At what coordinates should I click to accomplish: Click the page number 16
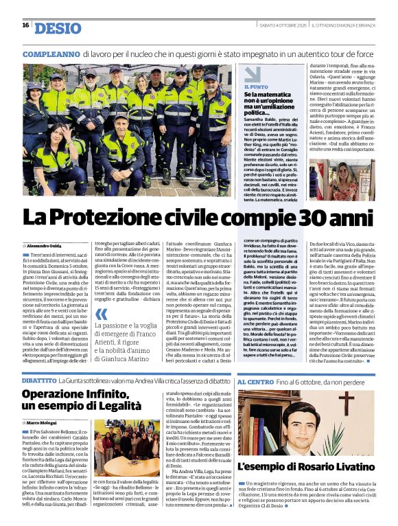tap(25, 25)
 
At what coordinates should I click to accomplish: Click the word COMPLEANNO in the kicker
tap(51, 53)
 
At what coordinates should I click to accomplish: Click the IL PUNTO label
tap(256, 87)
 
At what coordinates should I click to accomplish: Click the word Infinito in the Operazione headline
tap(126, 394)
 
